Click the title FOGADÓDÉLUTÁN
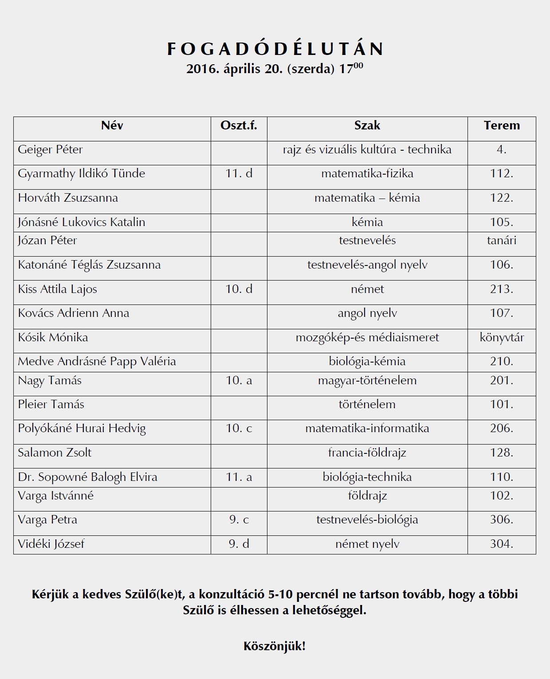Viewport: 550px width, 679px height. point(275,49)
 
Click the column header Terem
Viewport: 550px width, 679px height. point(502,125)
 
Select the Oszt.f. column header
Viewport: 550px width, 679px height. point(239,125)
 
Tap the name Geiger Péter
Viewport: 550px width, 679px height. point(50,150)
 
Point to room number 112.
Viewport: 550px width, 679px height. point(502,174)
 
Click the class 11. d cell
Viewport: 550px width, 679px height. point(239,174)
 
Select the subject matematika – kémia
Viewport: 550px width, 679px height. point(367,198)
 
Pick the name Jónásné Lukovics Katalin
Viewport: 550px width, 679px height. point(82,222)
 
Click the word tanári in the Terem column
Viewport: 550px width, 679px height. point(502,241)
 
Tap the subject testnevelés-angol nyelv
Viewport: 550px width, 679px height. point(367,265)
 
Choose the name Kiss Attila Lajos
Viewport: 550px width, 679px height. point(57,289)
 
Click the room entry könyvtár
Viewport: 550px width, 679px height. point(502,338)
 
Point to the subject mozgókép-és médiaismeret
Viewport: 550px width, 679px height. point(367,338)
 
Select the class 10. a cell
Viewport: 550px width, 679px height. point(239,381)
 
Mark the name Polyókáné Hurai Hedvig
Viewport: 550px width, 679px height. point(82,429)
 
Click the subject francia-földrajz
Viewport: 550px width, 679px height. point(367,453)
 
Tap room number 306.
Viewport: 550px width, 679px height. point(502,519)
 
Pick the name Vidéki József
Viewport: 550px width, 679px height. point(51,544)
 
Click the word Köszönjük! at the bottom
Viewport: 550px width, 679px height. point(275,646)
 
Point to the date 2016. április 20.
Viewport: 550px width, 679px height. point(234,70)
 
